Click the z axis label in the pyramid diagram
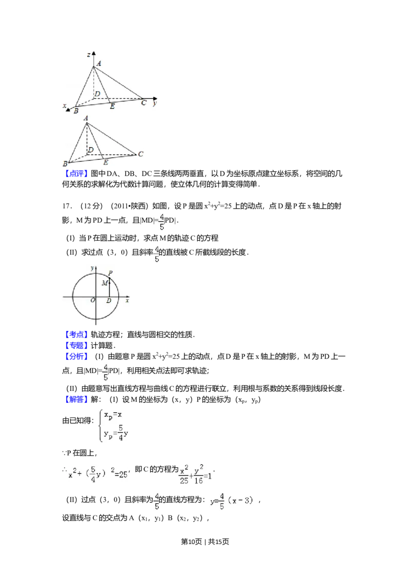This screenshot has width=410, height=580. [89, 54]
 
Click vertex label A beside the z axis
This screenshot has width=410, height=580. [98, 64]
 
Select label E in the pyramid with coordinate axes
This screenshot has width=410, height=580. [113, 106]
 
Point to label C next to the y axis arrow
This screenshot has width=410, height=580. [144, 103]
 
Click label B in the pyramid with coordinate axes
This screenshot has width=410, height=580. [76, 110]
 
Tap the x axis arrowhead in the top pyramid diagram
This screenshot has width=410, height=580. [69, 109]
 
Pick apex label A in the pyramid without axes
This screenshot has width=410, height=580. [86, 118]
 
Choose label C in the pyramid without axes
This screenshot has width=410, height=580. [140, 153]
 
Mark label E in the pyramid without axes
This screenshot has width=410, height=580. [106, 162]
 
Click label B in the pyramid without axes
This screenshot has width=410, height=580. [65, 163]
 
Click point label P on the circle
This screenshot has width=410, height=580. [110, 273]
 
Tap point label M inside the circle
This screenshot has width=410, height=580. [104, 283]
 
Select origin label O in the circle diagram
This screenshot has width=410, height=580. [93, 300]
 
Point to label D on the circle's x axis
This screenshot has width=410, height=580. [108, 300]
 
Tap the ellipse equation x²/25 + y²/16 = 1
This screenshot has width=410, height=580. [195, 474]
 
